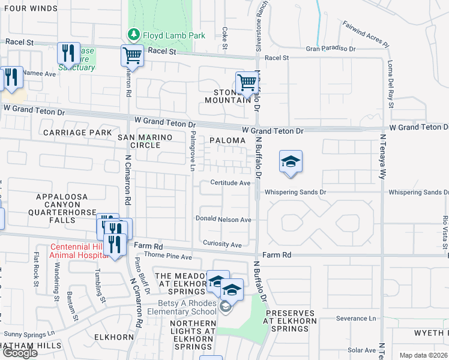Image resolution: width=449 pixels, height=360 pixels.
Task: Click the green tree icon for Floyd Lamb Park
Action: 133,35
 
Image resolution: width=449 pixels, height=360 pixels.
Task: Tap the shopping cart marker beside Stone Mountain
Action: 246,83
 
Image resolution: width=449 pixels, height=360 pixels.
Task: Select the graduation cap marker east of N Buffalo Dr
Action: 291,162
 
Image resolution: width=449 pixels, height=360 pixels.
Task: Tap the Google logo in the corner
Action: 19,353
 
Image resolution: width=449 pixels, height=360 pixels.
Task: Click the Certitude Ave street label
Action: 229,183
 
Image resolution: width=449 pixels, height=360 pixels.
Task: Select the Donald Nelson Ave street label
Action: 223,220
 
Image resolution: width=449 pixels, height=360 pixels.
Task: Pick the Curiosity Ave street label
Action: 221,245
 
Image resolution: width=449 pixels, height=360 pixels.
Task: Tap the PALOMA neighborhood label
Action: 228,140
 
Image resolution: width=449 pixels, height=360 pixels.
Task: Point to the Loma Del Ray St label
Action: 391,89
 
